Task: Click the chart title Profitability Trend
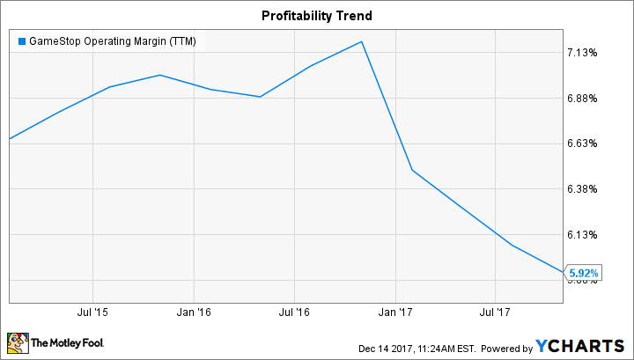pyautogui.click(x=317, y=16)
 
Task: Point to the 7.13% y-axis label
pyautogui.click(x=582, y=53)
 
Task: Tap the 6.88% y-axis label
pyautogui.click(x=582, y=99)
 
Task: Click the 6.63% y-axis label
pyautogui.click(x=582, y=143)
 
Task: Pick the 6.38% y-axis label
pyautogui.click(x=582, y=189)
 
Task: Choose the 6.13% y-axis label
pyautogui.click(x=582, y=235)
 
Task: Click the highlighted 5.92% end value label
pyautogui.click(x=584, y=275)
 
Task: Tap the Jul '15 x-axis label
pyautogui.click(x=93, y=312)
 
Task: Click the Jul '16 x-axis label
pyautogui.click(x=294, y=312)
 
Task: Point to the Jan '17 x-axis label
pyautogui.click(x=395, y=312)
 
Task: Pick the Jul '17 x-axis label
pyautogui.click(x=495, y=312)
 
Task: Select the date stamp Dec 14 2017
pyautogui.click(x=386, y=345)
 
